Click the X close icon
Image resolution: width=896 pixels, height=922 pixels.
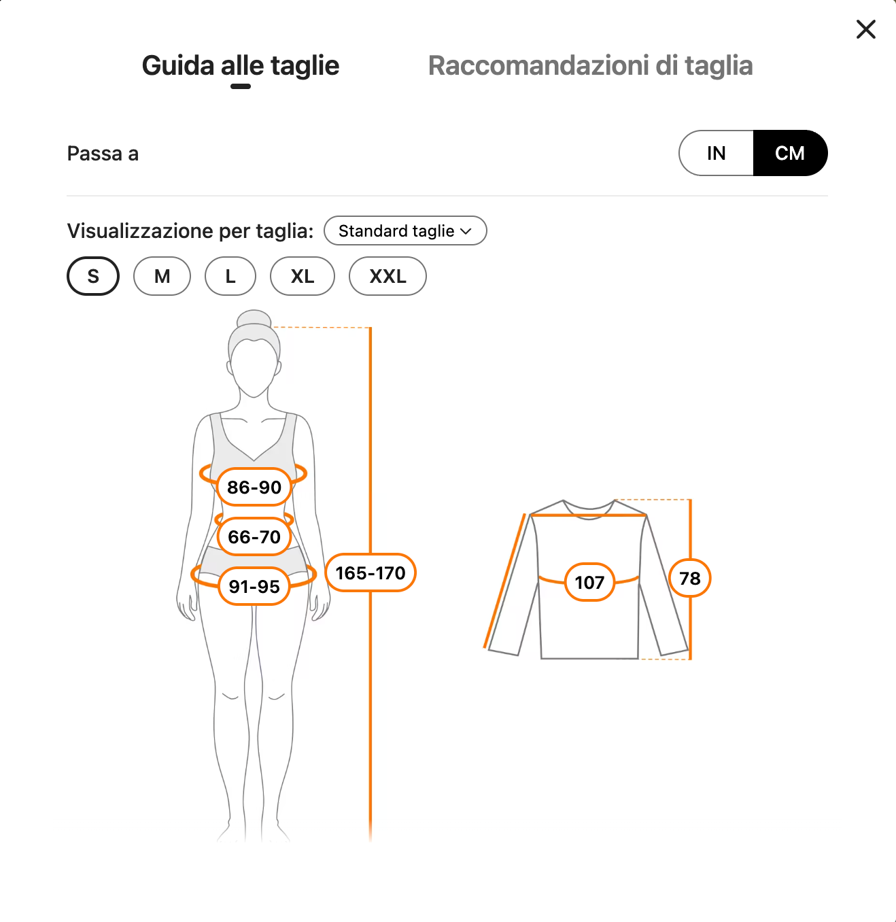865,29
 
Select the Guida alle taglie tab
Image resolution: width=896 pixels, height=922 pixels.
241,66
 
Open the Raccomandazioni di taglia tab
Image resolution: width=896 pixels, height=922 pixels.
590,66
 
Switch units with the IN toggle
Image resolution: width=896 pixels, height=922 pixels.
716,153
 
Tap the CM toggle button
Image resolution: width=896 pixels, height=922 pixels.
790,153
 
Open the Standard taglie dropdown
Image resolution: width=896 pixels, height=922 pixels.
405,230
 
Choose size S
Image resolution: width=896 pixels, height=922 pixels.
93,276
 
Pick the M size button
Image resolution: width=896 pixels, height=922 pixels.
162,276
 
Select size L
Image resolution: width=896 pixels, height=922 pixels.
230,276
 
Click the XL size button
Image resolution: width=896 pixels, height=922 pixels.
303,276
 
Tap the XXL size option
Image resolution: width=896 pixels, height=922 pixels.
387,276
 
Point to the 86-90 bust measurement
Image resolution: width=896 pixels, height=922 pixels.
254,487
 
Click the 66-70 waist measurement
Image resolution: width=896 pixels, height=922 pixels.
254,536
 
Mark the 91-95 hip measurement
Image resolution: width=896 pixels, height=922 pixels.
254,587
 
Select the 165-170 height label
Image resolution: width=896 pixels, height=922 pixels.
371,573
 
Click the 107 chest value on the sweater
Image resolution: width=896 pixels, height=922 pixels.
589,582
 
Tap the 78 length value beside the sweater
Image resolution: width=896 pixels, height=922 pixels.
689,578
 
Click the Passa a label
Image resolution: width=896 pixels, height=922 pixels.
103,154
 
